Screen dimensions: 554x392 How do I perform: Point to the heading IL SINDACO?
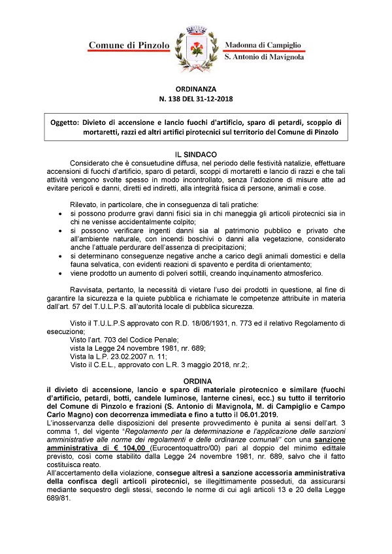pyautogui.click(x=196, y=151)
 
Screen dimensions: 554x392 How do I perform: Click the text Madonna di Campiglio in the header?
pyautogui.click(x=262, y=44)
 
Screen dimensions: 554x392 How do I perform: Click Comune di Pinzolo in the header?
pyautogui.click(x=129, y=45)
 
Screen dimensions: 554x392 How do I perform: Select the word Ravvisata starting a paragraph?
pyautogui.click(x=90, y=289)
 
